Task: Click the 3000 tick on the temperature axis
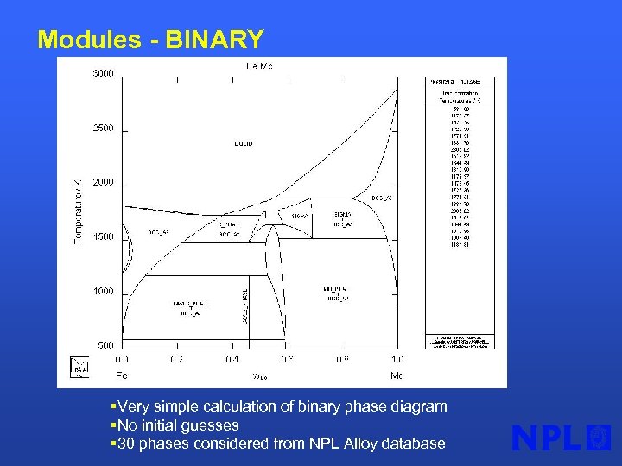pyautogui.click(x=104, y=74)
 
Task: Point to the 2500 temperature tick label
pyautogui.click(x=104, y=129)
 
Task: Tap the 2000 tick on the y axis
pyautogui.click(x=104, y=183)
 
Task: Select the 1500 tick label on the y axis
pyautogui.click(x=104, y=237)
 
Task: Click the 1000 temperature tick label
pyautogui.click(x=104, y=292)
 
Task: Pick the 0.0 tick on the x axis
pyautogui.click(x=123, y=359)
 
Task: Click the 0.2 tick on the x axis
pyautogui.click(x=177, y=359)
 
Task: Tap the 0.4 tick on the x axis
pyautogui.click(x=232, y=359)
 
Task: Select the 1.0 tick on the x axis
pyautogui.click(x=397, y=359)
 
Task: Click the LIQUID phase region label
pyautogui.click(x=243, y=143)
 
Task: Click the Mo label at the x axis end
pyautogui.click(x=397, y=375)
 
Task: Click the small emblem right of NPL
pyautogui.click(x=598, y=438)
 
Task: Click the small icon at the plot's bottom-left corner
pyautogui.click(x=79, y=366)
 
